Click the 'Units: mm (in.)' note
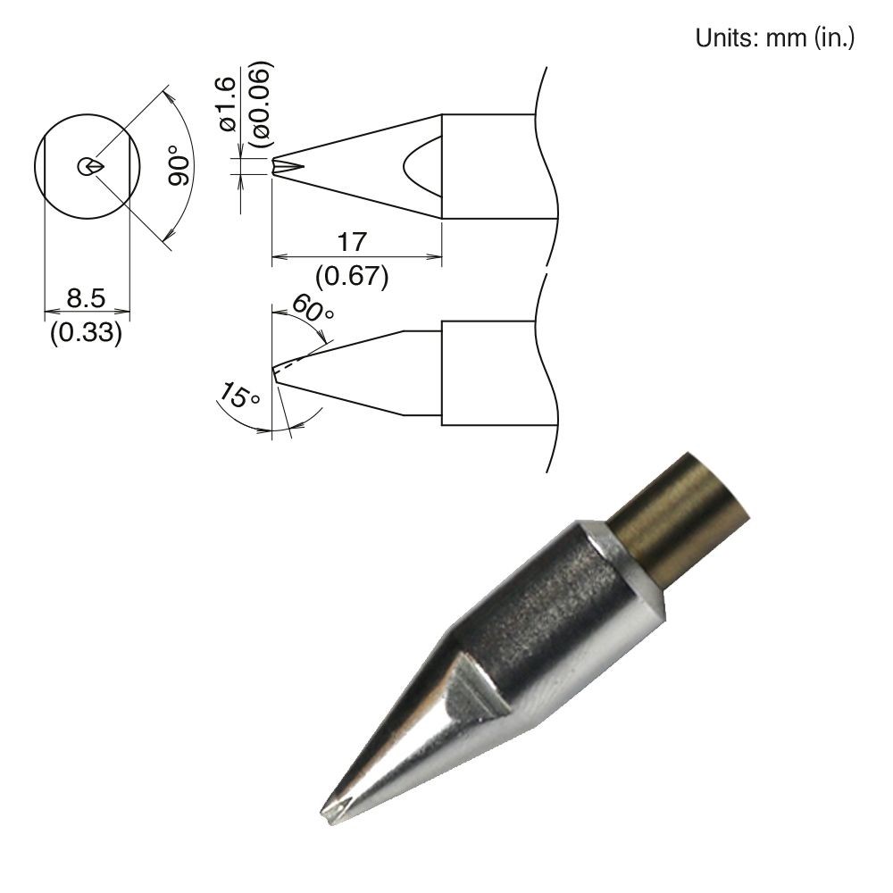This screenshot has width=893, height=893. tap(774, 38)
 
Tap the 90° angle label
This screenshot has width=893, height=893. tap(179, 164)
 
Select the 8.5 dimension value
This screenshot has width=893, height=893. tap(86, 297)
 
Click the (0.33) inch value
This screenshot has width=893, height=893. tap(86, 331)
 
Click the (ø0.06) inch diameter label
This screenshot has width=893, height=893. tap(262, 104)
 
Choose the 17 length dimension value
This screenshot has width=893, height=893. tap(352, 242)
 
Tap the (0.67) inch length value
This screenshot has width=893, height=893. tap(352, 276)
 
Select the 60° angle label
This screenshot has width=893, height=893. tap(313, 308)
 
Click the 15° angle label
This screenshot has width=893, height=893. tap(239, 395)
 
